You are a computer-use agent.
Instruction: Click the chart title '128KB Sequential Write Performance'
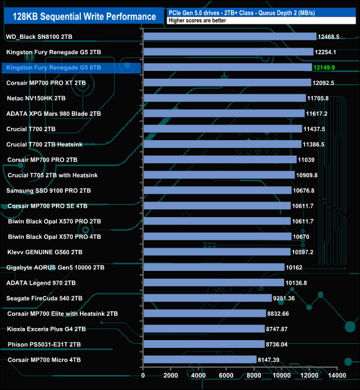click(81, 17)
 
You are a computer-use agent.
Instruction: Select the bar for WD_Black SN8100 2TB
click(230, 37)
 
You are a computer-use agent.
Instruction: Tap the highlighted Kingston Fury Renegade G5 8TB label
click(53, 68)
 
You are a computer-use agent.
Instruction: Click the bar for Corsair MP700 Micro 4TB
click(199, 360)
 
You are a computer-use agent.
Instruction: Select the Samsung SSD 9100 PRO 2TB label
click(48, 191)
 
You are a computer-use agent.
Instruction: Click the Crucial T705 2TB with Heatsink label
click(53, 175)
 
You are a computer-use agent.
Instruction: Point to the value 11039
click(309, 160)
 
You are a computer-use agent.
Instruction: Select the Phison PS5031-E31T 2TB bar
click(204, 344)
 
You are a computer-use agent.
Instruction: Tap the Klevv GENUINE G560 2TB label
click(44, 252)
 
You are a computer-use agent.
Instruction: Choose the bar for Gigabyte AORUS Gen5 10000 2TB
click(214, 267)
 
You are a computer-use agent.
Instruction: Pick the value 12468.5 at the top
click(329, 37)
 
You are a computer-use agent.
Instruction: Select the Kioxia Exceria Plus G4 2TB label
click(47, 329)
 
